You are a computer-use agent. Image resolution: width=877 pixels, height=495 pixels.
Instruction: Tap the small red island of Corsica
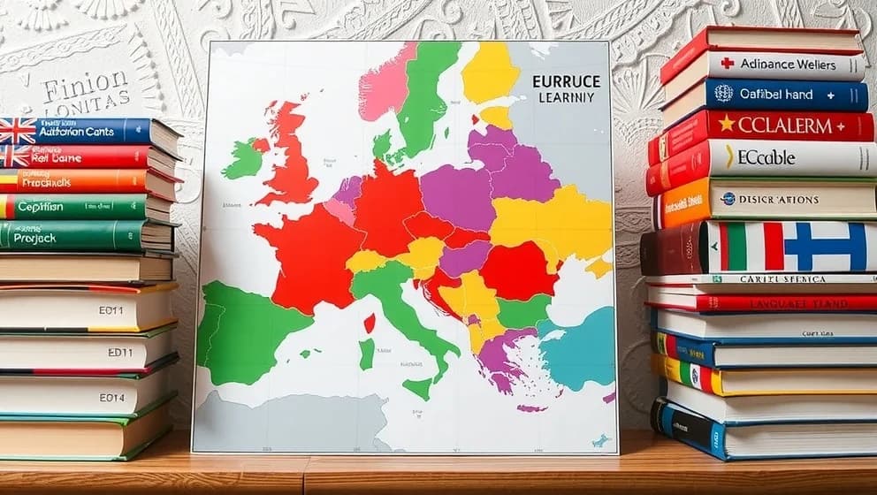pos(369,323)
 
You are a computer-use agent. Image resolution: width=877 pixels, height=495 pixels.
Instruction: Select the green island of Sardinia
pos(366,354)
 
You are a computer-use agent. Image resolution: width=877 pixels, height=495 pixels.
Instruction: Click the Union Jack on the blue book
pos(17,131)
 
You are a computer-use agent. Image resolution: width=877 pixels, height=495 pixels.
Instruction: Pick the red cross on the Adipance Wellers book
pos(727,64)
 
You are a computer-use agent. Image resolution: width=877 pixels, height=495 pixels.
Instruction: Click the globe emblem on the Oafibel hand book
pos(723,93)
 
